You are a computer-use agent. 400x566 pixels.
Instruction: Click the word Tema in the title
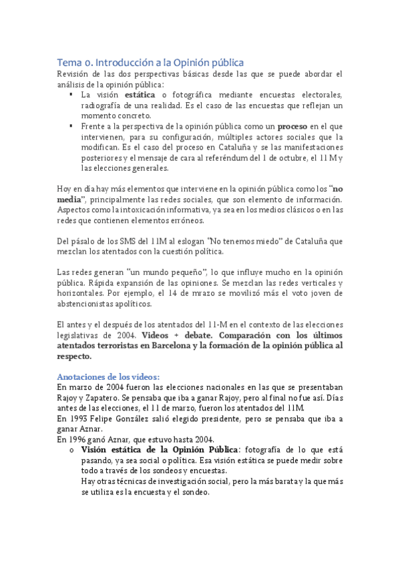pyautogui.click(x=68, y=61)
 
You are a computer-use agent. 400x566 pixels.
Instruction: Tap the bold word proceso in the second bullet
pyautogui.click(x=292, y=126)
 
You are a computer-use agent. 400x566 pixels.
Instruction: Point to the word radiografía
pyautogui.click(x=104, y=105)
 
